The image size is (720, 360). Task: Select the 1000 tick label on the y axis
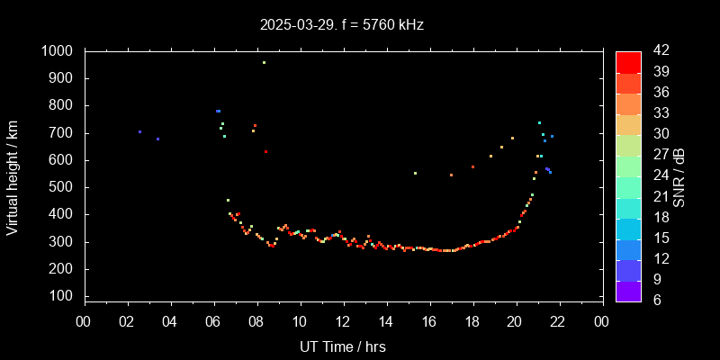[x=58, y=51]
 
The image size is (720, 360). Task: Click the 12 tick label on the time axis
[x=343, y=321]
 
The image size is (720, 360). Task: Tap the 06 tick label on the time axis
[x=213, y=321]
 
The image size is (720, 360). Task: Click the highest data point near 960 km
[x=264, y=63]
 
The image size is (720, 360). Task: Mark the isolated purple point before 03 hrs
[x=139, y=131]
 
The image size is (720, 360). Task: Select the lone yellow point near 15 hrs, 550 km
[x=415, y=173]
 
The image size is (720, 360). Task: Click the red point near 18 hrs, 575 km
[x=472, y=166]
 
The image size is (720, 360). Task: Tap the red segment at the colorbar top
[x=628, y=61]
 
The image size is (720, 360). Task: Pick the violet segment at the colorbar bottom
[x=628, y=291]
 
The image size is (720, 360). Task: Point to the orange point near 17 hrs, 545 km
[x=451, y=175]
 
